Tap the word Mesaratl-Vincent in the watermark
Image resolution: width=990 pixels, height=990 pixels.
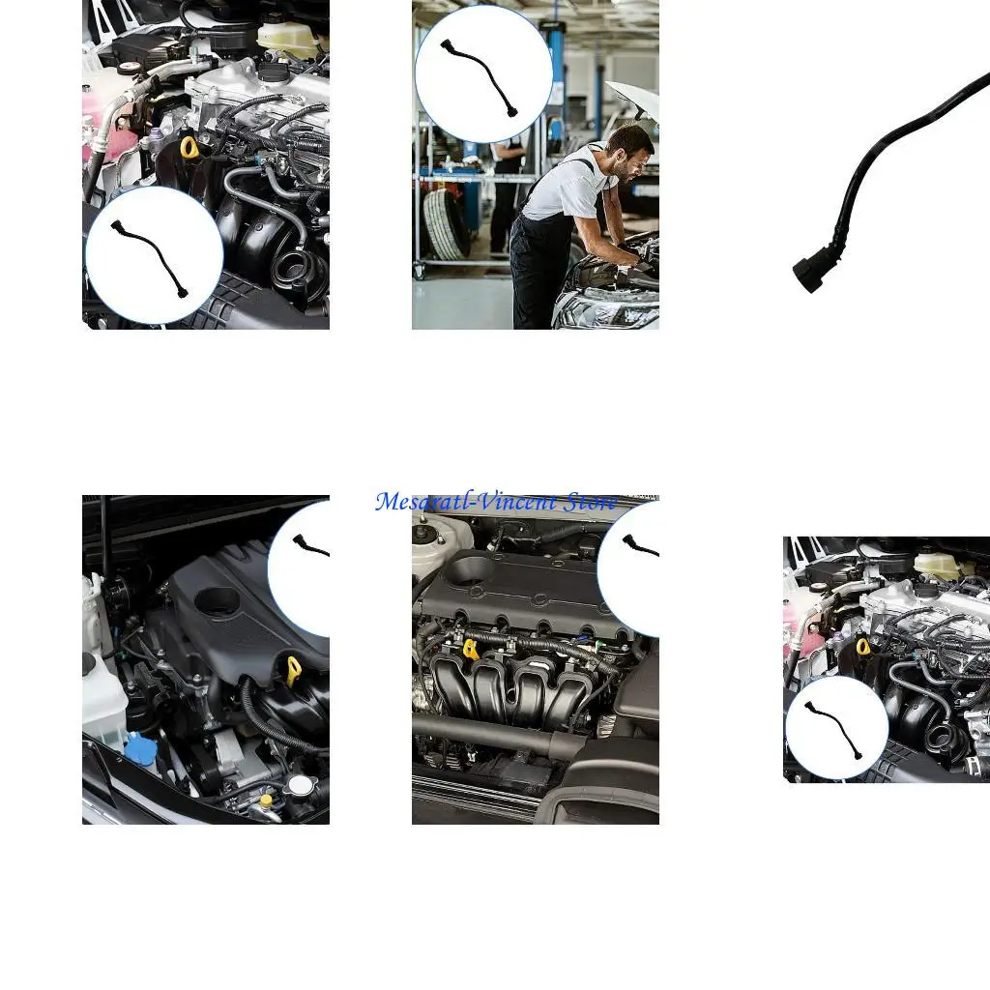466,502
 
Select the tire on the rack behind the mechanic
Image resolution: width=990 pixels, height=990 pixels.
447,224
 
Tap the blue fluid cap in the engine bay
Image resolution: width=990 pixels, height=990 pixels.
141,747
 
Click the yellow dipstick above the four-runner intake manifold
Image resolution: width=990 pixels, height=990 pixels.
471,649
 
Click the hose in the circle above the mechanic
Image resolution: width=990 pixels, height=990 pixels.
482,75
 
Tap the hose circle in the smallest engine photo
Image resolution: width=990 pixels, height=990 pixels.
836,728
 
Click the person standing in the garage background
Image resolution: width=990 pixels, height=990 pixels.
505,193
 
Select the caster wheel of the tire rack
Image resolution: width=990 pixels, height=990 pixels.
420,273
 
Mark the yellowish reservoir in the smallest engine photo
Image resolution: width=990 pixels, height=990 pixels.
936,564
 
